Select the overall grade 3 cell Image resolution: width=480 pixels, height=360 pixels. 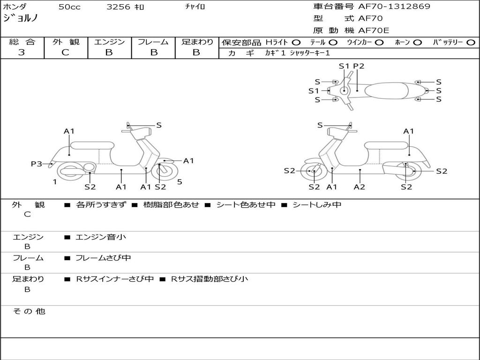(22, 52)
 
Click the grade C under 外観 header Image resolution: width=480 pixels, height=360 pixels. (65, 52)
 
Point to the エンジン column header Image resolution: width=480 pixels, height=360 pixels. (109, 42)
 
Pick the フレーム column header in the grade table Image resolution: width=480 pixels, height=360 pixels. (153, 42)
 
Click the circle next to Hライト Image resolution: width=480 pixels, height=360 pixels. (296, 42)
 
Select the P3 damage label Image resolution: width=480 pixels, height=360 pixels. (37, 164)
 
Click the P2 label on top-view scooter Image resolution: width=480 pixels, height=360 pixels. (359, 66)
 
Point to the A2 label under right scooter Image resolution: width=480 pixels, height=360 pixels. (360, 187)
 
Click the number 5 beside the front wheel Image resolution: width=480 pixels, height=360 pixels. (180, 182)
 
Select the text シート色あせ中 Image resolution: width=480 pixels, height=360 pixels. (246, 205)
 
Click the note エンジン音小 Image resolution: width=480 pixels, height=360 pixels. (101, 237)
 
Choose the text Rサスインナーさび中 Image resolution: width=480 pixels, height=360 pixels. (115, 279)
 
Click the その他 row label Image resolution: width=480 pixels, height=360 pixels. (29, 311)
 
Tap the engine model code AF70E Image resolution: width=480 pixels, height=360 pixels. (374, 31)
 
